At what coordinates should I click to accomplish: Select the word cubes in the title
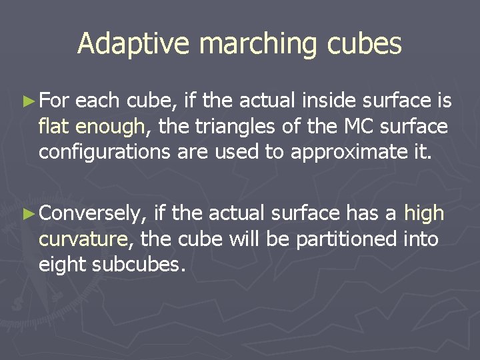369,44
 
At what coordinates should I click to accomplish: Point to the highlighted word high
424,213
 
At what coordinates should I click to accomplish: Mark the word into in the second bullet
421,239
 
